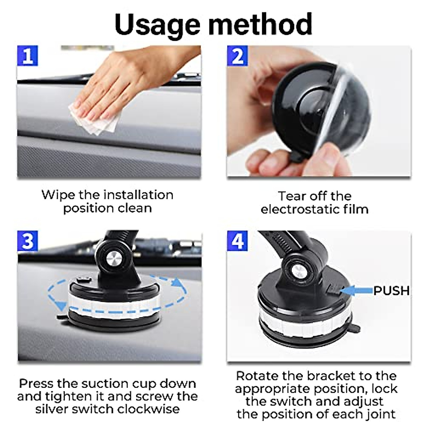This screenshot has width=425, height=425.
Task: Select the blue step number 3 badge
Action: coord(28,241)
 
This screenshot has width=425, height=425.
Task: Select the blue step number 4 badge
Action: coord(237,241)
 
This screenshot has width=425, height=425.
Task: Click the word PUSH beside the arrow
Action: coord(391,291)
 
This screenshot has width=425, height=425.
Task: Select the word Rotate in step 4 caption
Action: coord(256,376)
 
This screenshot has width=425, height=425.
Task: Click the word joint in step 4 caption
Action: coord(378,414)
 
